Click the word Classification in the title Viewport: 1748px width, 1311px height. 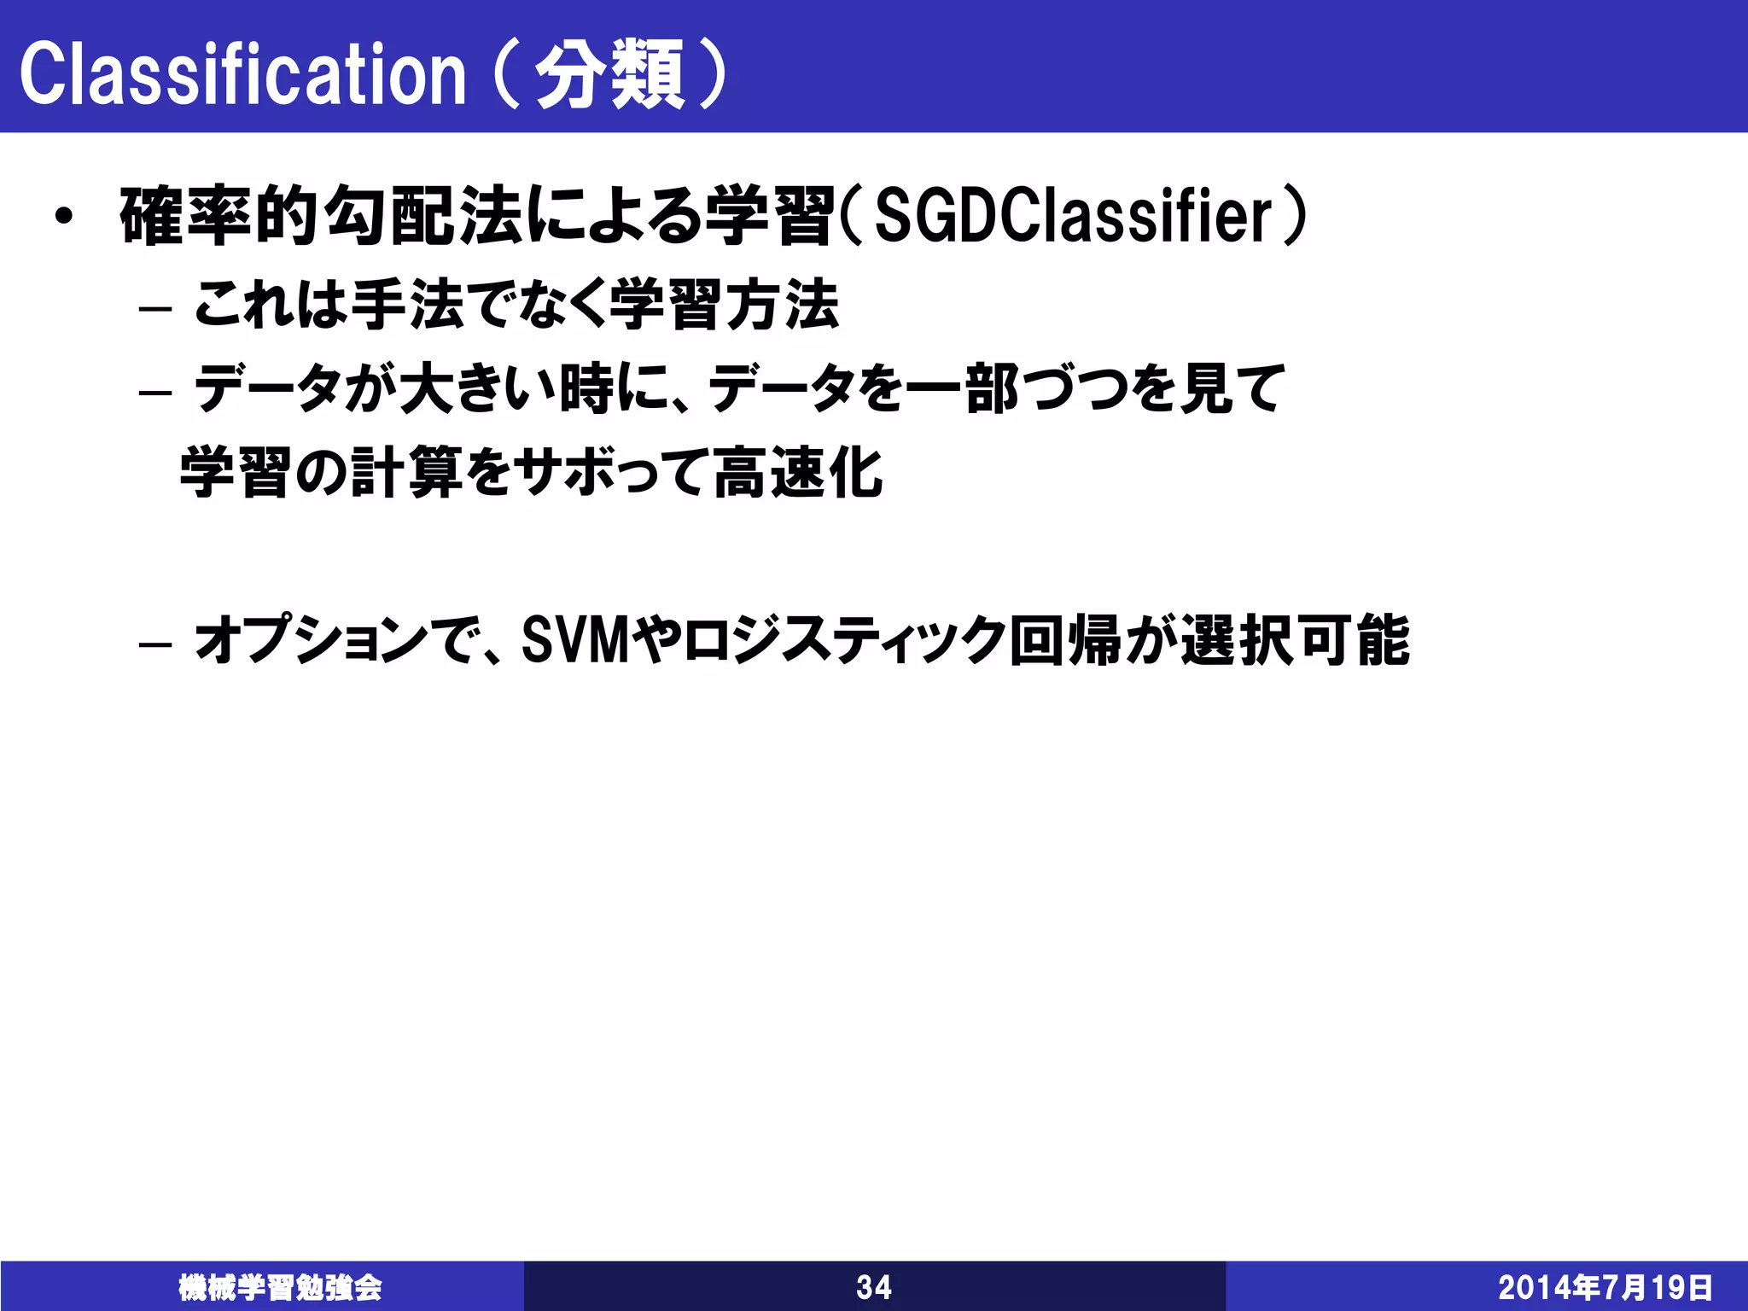pyautogui.click(x=243, y=75)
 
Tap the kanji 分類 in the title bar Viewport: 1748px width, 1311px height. pyautogui.click(x=610, y=75)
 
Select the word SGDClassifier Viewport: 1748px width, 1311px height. pyautogui.click(x=1074, y=217)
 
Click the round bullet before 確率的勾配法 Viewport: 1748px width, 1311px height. pyautogui.click(x=62, y=217)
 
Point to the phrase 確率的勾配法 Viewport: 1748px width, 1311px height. pyautogui.click(x=321, y=217)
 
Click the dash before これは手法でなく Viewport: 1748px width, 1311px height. pyautogui.click(x=155, y=308)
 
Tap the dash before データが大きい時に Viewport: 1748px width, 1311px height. pyautogui.click(x=155, y=392)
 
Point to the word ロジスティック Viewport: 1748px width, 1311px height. pyautogui.click(x=843, y=640)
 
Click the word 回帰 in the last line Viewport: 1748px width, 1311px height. pyautogui.click(x=1065, y=640)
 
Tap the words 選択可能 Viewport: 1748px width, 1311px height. pyautogui.click(x=1296, y=640)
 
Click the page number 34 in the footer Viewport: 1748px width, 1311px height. pyautogui.click(x=874, y=1287)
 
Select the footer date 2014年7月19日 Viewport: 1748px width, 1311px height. pyautogui.click(x=1605, y=1287)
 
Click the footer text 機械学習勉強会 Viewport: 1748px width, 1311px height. pyautogui.click(x=280, y=1287)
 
